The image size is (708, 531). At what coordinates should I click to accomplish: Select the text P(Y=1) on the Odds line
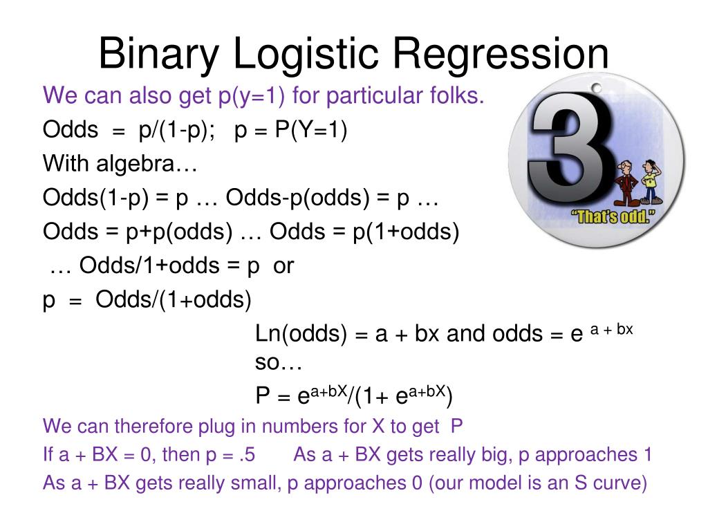click(310, 130)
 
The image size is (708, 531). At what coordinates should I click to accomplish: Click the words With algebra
click(120, 164)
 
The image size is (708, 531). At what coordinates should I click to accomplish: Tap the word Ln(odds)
click(301, 334)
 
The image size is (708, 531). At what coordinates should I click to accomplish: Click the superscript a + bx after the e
click(612, 330)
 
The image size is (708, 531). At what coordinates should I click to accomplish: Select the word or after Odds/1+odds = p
click(283, 265)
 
